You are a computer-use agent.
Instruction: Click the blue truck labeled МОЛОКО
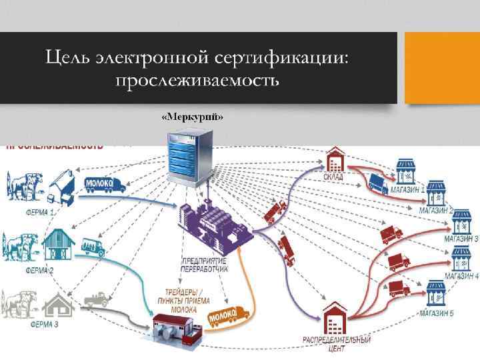click(x=105, y=185)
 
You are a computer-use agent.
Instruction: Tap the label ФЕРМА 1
click(x=40, y=213)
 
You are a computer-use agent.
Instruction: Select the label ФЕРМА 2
click(x=39, y=271)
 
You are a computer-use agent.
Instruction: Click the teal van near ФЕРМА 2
click(x=93, y=247)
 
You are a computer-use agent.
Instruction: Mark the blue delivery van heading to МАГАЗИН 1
click(x=378, y=182)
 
